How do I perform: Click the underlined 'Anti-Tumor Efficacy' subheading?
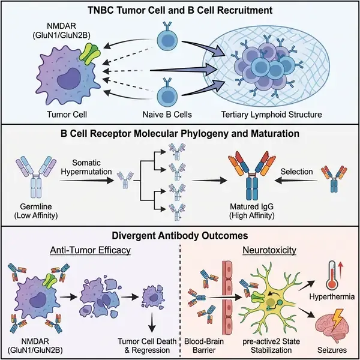pos(86,251)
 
